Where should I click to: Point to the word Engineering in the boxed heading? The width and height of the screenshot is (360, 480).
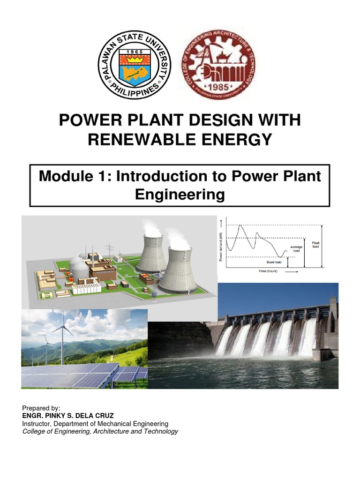[x=180, y=194]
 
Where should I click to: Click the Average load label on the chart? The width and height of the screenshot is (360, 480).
[x=296, y=249]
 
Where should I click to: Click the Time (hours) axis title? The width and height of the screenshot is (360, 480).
[x=265, y=271]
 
